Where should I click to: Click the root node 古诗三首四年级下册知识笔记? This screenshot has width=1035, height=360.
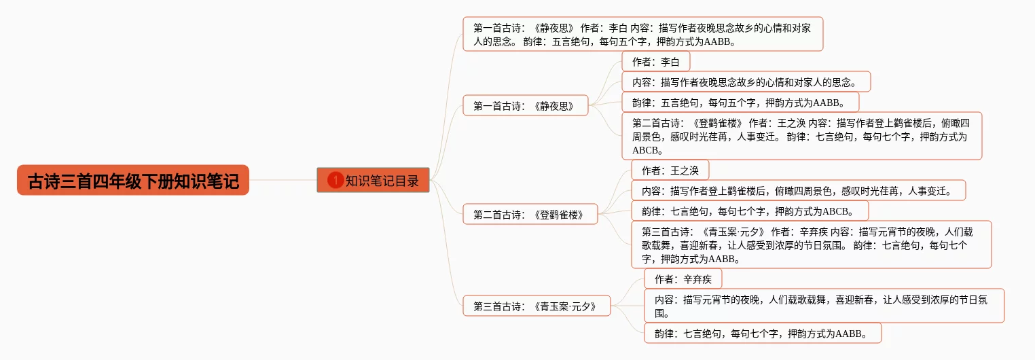(133, 180)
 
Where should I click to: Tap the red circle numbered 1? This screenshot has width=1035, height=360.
(335, 180)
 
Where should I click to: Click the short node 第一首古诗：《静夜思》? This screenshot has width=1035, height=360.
(526, 105)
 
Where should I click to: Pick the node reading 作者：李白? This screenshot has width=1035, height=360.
(655, 62)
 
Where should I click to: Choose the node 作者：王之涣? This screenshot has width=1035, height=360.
(670, 170)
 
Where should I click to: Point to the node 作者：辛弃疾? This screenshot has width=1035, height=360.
(683, 279)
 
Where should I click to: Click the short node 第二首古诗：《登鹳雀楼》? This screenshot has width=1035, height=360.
(530, 215)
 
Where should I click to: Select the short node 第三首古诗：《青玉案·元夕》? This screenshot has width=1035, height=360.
(537, 306)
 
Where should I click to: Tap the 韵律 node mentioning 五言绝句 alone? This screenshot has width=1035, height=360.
(740, 103)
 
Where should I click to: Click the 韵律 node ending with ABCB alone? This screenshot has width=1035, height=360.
(750, 211)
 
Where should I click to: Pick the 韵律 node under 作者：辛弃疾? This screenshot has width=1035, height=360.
(763, 333)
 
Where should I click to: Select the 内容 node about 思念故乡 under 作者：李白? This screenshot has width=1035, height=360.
(746, 82)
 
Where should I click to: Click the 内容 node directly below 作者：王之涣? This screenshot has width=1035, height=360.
(798, 190)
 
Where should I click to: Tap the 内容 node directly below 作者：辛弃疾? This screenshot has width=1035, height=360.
(824, 306)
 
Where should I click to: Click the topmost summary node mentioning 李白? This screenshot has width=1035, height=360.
(642, 34)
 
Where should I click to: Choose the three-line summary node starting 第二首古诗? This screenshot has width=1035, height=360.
(801, 136)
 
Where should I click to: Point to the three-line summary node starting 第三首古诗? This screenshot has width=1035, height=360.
(811, 244)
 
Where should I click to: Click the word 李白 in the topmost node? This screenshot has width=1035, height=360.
(618, 28)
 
